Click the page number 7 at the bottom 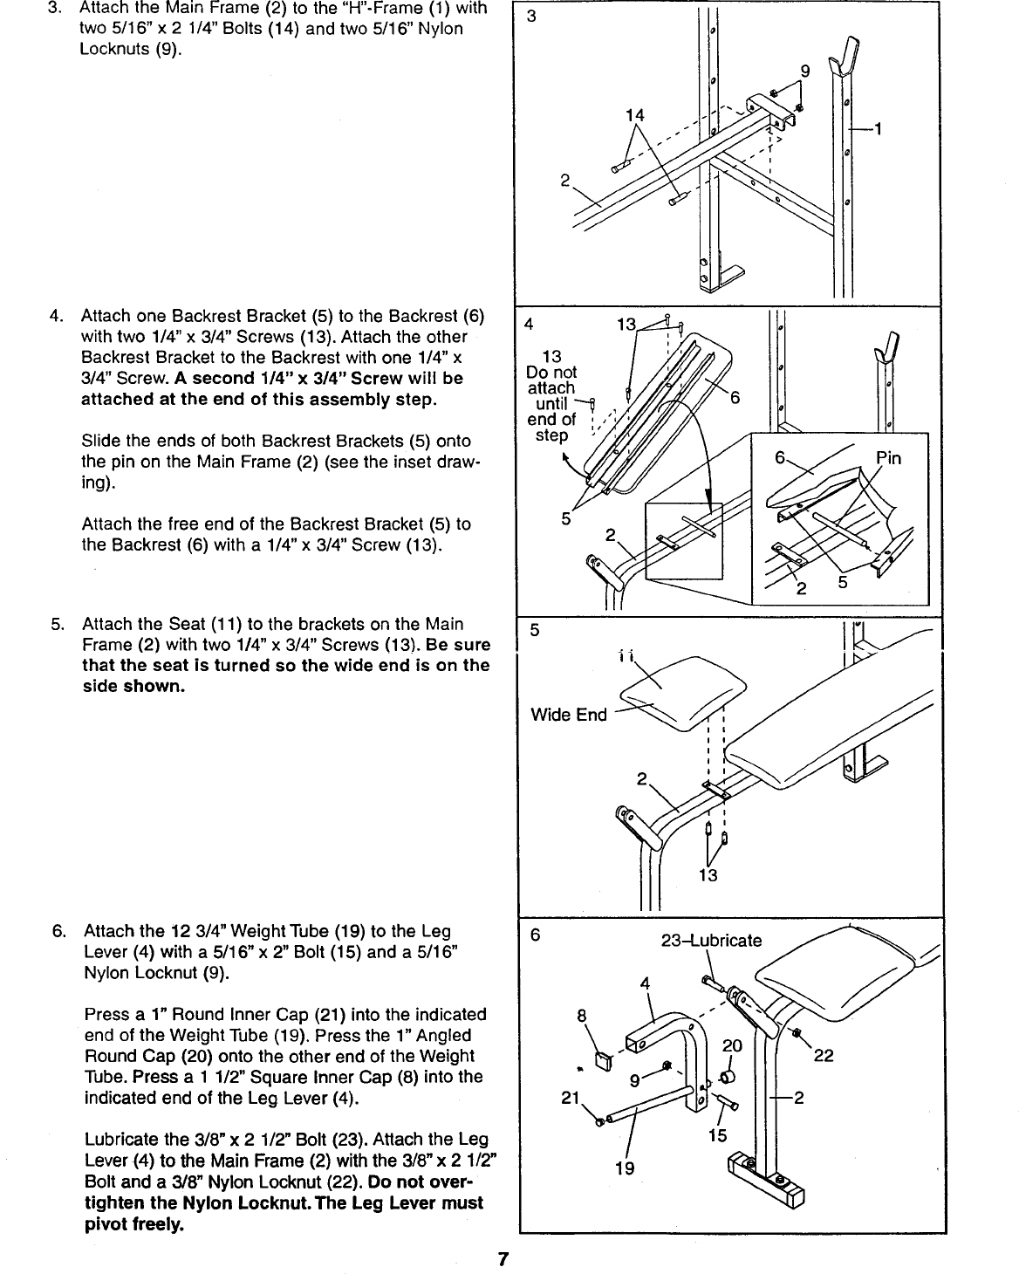point(503,1258)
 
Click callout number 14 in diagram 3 point(635,115)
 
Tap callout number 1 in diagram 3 point(878,129)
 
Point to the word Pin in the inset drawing point(888,457)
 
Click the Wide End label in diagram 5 point(569,715)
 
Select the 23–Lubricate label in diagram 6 point(711,940)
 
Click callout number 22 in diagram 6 point(823,1055)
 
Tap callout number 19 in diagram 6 point(625,1168)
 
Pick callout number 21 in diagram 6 point(571,1098)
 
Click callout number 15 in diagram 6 point(718,1135)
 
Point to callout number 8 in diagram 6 point(581,1016)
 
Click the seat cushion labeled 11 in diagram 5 point(683,692)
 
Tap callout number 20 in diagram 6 point(732,1045)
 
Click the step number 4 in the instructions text point(56,316)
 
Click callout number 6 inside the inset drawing point(780,457)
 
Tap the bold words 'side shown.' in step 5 point(133,686)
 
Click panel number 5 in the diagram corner point(535,630)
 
